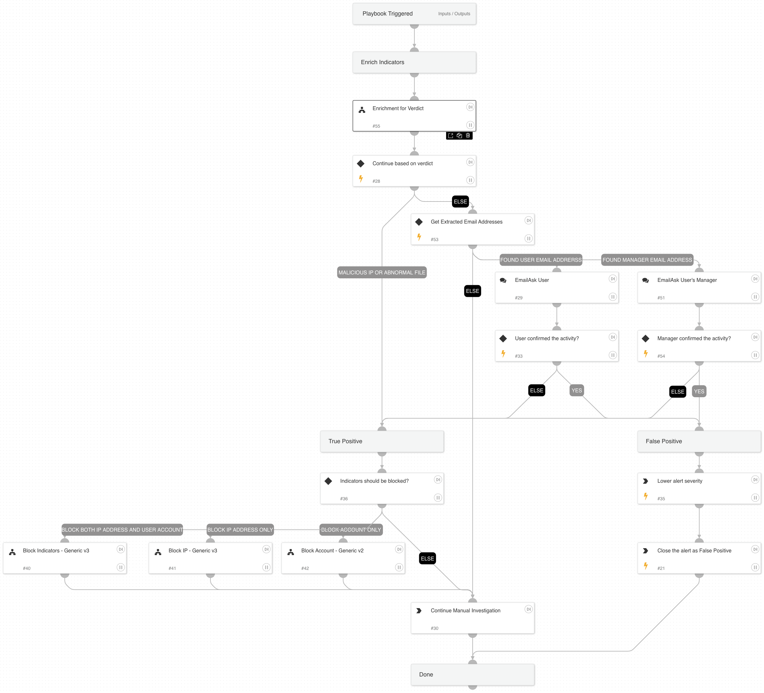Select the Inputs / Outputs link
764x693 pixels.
click(x=454, y=14)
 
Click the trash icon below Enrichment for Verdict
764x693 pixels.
click(x=468, y=135)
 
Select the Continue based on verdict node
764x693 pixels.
click(x=414, y=171)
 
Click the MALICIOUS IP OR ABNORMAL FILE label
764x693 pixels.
click(x=382, y=272)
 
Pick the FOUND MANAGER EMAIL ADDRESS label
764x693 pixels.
click(x=647, y=260)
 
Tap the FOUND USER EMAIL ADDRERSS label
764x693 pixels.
click(x=540, y=260)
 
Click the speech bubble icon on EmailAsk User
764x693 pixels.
click(x=503, y=280)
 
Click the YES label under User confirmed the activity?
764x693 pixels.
click(x=577, y=390)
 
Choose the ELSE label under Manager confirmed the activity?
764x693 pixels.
click(x=677, y=392)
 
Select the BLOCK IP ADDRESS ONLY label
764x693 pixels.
click(x=240, y=529)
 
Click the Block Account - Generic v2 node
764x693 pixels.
click(x=343, y=558)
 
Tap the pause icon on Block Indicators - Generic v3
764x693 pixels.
click(x=120, y=567)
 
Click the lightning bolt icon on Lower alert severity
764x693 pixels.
click(x=646, y=496)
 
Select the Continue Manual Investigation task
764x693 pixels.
click(x=472, y=618)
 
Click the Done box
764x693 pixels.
click(x=472, y=675)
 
